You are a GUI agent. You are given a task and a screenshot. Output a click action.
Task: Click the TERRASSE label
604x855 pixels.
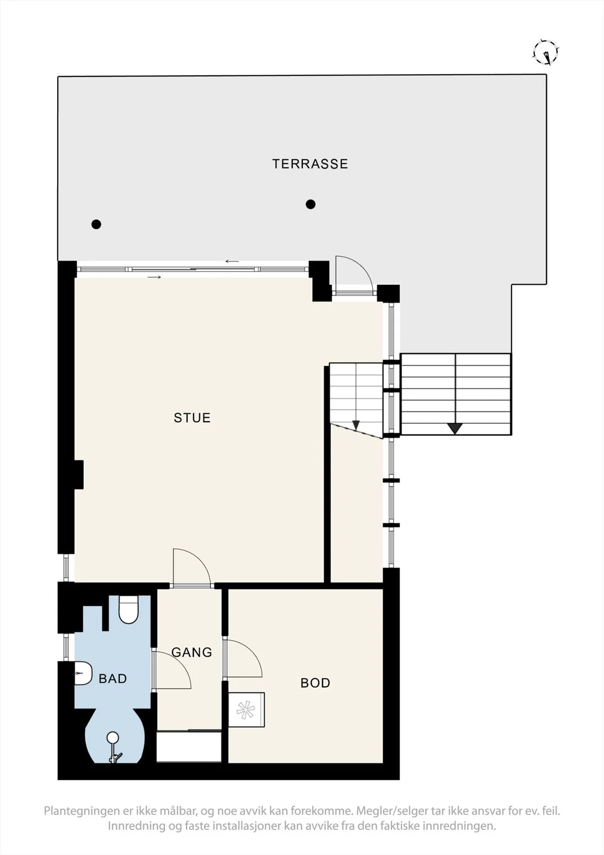[x=310, y=164]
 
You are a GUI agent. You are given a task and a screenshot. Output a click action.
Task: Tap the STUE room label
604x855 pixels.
[x=192, y=417]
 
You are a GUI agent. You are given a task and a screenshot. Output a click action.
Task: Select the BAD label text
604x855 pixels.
[x=113, y=678]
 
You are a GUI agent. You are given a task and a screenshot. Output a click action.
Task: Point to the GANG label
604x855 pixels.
[x=192, y=652]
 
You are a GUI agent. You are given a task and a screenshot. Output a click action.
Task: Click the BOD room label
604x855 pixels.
[x=315, y=682]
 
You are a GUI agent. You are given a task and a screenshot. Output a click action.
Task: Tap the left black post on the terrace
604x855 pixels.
[x=96, y=224]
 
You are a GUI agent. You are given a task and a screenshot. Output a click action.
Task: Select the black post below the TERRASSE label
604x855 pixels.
[x=311, y=204]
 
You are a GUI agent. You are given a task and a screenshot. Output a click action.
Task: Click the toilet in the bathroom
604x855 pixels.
[x=128, y=610]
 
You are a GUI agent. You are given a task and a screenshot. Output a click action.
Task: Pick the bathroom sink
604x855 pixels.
[x=83, y=673]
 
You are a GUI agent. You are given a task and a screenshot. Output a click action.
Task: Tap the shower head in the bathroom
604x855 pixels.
[x=113, y=737]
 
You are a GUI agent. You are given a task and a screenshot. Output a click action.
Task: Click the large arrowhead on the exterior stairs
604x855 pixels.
[x=455, y=429]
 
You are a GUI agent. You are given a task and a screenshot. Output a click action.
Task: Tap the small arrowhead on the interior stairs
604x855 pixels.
[x=356, y=425]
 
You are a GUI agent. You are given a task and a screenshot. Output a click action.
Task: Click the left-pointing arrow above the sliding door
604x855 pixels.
[x=232, y=261]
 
